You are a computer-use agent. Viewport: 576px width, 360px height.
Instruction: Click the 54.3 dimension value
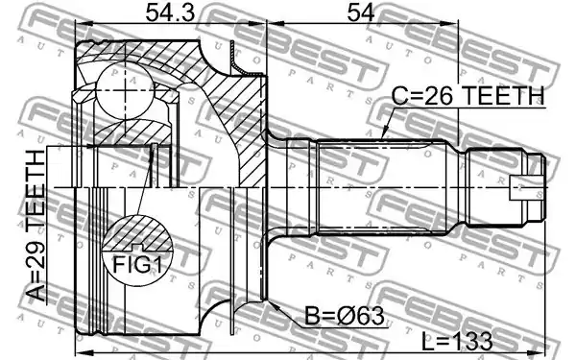169,12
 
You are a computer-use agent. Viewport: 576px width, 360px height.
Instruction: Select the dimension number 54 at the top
361,12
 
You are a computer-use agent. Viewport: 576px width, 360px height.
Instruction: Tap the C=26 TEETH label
468,95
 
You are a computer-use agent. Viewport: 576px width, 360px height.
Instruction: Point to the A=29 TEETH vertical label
36,226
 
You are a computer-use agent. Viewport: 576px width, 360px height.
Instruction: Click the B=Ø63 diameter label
345,316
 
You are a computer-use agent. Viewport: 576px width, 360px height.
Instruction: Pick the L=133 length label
457,341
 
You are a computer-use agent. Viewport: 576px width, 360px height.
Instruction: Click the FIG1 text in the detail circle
137,264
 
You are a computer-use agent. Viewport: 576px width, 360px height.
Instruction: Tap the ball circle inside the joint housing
125,90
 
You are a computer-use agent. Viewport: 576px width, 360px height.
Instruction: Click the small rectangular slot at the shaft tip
526,188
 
